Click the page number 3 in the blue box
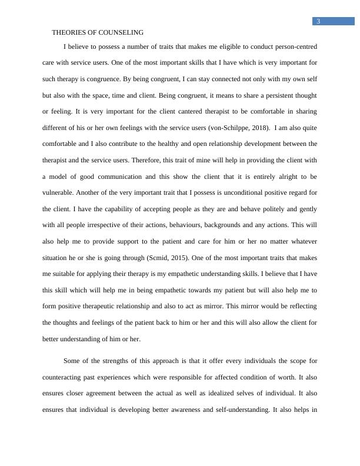[318, 22]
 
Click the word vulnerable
[59, 192]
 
